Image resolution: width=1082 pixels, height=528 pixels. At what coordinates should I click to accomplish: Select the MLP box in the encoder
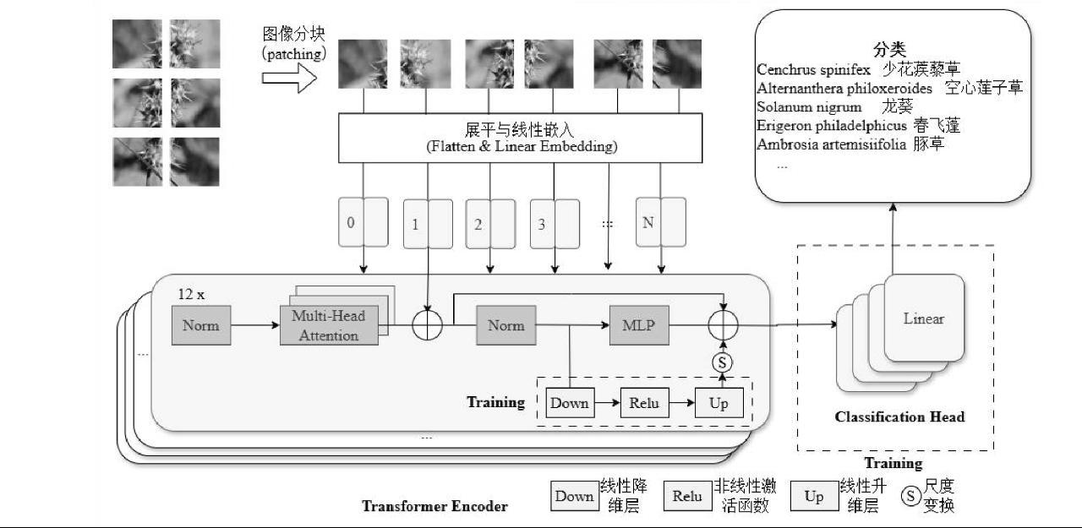point(639,325)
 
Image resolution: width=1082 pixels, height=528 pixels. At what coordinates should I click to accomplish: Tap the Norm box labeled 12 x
point(200,325)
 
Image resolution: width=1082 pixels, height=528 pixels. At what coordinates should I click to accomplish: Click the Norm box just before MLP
point(505,325)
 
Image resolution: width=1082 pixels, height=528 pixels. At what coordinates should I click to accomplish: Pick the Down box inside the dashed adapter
point(570,403)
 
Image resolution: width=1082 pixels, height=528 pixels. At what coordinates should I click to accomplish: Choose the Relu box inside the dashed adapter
point(644,403)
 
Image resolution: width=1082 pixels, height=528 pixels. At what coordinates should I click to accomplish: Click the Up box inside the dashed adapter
point(719,403)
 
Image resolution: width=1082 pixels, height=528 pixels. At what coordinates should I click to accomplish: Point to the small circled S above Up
point(722,362)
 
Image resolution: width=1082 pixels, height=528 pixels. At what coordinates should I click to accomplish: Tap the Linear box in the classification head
point(924,318)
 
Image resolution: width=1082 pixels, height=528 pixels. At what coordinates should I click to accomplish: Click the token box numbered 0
point(363,222)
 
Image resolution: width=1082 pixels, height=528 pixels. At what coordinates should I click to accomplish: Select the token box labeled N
point(660,222)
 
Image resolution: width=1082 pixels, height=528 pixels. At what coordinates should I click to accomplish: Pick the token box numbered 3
point(555,224)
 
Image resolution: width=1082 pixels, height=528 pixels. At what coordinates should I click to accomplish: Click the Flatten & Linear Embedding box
point(520,138)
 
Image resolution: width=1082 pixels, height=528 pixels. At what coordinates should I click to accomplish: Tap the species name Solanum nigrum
point(809,106)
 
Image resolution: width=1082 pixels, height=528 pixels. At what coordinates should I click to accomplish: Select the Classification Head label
point(899,416)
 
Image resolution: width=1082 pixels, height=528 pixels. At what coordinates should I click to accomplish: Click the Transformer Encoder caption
point(434,506)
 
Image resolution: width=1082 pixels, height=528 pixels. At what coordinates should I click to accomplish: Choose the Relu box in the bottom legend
point(687,497)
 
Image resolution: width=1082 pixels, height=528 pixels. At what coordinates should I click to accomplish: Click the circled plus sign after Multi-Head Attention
point(428,325)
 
